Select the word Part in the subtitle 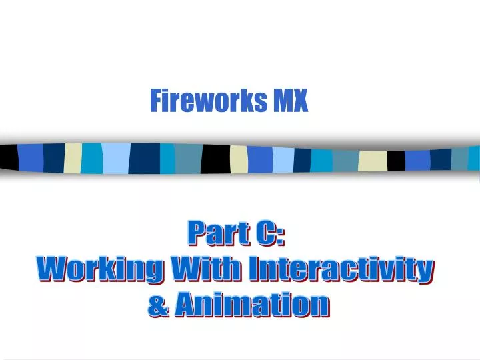[x=210, y=233]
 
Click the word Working [x=99, y=269]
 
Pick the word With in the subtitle [x=206, y=269]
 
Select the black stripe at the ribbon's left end [x=8, y=157]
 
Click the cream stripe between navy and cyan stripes [x=73, y=157]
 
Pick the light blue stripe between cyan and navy [x=115, y=158]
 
